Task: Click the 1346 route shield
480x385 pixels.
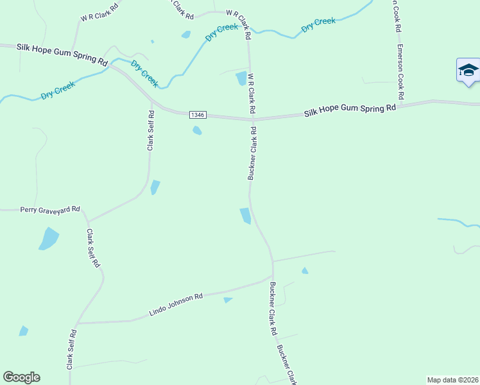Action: (x=197, y=115)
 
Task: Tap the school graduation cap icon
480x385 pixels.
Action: (x=468, y=70)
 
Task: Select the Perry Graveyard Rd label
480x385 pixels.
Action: (x=50, y=209)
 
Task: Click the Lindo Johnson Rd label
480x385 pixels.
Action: (x=176, y=304)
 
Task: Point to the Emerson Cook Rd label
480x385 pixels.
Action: (x=400, y=71)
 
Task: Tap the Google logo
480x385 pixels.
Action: (x=21, y=377)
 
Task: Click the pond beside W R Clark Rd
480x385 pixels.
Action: (x=241, y=78)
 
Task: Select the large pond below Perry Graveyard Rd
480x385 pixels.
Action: (x=49, y=239)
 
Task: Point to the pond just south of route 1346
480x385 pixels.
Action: (x=197, y=131)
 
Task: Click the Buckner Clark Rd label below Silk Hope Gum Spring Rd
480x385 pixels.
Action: (x=253, y=153)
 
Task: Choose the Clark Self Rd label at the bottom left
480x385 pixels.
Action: (x=71, y=350)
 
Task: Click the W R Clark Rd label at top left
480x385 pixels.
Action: (x=99, y=13)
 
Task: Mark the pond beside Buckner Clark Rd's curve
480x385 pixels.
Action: (x=245, y=216)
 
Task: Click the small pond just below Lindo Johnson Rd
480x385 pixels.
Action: (x=227, y=300)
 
